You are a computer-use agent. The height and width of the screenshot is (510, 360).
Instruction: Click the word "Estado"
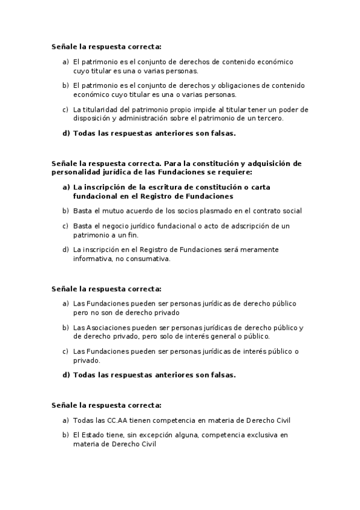(91, 435)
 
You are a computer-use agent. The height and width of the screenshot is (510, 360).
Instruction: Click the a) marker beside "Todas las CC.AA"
(66, 420)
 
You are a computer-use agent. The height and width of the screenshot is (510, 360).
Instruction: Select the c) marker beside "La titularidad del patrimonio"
(66, 109)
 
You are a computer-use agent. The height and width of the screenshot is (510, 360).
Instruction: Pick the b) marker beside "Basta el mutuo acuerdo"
(66, 211)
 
